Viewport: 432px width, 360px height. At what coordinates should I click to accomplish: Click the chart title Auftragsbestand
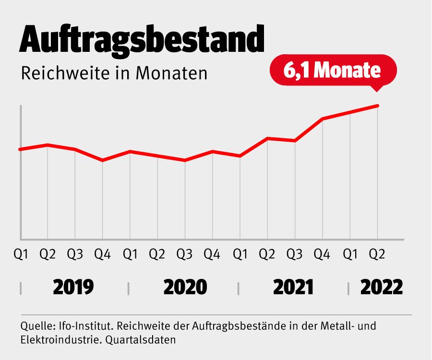(142, 39)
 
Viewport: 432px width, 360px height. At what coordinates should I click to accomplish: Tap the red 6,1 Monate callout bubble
(333, 71)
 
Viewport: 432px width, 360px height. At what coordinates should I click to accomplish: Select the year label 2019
(73, 288)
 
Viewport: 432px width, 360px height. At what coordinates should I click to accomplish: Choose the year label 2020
(185, 288)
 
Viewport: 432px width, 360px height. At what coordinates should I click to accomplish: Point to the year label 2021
(293, 288)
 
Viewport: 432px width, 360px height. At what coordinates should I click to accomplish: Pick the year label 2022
(382, 288)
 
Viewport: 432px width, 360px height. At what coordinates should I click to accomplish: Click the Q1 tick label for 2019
(20, 254)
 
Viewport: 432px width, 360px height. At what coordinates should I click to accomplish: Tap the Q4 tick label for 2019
(102, 254)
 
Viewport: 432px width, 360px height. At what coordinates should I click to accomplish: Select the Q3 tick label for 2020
(185, 254)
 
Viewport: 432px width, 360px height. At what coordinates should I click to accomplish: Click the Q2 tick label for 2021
(267, 254)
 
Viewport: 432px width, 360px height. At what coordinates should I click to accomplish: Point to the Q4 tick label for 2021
(322, 254)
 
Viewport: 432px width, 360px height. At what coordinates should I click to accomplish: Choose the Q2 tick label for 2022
(377, 254)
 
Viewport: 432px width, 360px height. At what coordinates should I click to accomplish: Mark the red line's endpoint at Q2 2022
(378, 106)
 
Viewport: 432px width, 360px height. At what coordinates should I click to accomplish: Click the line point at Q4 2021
(323, 119)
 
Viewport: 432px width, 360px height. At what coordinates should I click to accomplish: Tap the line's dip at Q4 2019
(102, 160)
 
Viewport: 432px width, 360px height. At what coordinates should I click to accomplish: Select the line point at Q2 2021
(267, 138)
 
